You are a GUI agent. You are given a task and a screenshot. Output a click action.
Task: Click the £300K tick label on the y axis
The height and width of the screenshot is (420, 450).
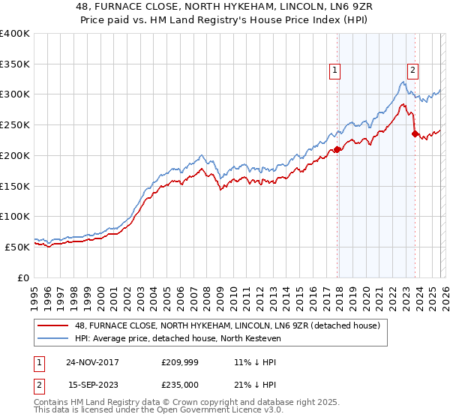[15, 94]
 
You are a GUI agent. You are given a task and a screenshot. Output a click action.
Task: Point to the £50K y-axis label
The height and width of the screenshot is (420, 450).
[17, 247]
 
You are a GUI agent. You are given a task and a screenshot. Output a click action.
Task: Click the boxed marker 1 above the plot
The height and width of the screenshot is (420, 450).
[334, 71]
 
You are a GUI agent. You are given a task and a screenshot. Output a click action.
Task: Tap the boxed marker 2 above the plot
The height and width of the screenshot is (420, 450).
[412, 71]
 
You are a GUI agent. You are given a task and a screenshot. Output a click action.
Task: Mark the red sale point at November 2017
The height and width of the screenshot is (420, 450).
[337, 149]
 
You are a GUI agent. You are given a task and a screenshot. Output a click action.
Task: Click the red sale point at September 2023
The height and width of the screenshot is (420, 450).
[414, 134]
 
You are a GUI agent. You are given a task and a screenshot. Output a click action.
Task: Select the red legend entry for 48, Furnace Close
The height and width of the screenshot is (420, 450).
[228, 325]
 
